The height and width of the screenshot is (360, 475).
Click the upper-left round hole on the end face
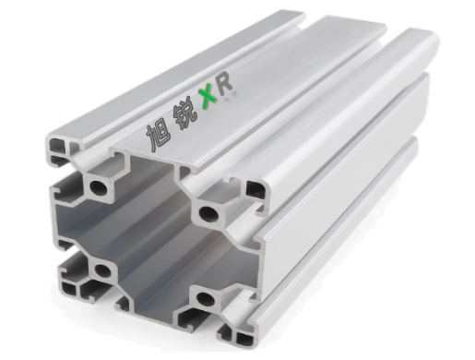[x=98, y=186]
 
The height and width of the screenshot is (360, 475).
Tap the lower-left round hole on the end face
[x=102, y=270]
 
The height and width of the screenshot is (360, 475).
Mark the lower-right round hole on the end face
[x=204, y=297]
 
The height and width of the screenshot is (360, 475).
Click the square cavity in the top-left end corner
[x=57, y=145]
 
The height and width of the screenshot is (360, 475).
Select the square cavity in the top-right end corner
[x=255, y=189]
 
